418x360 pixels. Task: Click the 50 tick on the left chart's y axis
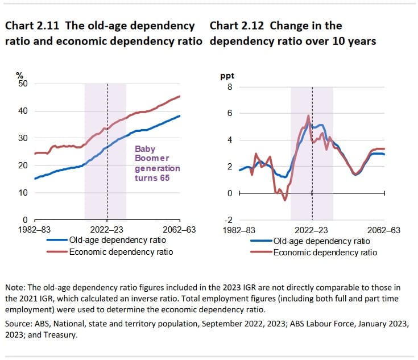click(24, 84)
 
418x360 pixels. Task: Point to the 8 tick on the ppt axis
click(230, 87)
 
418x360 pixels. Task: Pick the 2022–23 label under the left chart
click(107, 230)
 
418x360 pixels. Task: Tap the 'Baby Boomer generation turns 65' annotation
click(157, 164)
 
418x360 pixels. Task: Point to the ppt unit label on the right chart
click(227, 76)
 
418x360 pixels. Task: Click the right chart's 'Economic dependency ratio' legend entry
click(325, 251)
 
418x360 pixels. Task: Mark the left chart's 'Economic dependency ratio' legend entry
click(121, 251)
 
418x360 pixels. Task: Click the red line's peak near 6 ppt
click(308, 116)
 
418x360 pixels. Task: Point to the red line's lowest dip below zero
click(285, 200)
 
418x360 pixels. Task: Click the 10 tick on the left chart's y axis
click(24, 193)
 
